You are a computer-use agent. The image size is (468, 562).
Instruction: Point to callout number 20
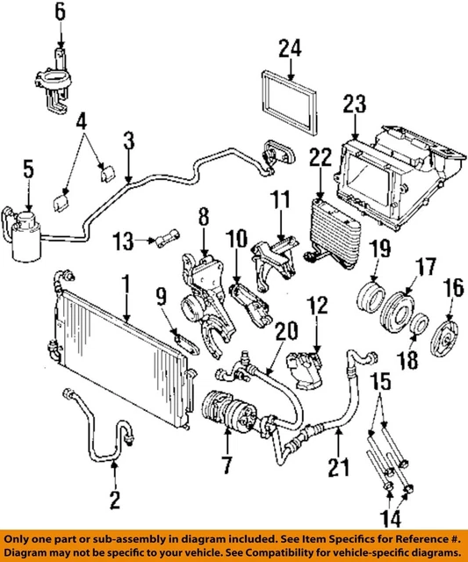tap(283, 332)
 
